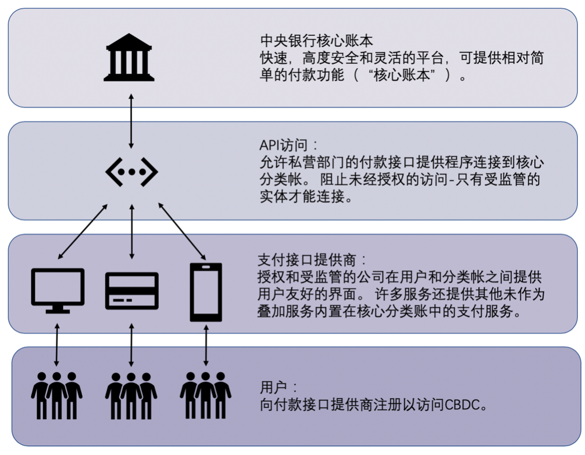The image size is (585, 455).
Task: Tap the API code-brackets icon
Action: [131, 171]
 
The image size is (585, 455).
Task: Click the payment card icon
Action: [131, 291]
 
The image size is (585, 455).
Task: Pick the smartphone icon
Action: [206, 292]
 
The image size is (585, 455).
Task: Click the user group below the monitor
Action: [56, 394]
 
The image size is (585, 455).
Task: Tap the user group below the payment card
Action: [131, 394]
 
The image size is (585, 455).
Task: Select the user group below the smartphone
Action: [206, 394]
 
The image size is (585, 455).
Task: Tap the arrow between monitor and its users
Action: [56, 343]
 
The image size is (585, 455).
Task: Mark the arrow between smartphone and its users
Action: [206, 343]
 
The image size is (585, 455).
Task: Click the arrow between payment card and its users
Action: [131, 343]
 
